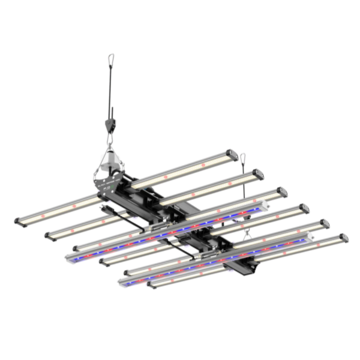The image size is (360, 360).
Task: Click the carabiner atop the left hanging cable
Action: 111,59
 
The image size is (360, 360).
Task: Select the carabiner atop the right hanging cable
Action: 243,158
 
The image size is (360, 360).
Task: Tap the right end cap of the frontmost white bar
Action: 343,238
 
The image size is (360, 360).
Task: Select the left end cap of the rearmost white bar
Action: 19,220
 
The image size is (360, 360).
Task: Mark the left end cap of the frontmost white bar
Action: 151,284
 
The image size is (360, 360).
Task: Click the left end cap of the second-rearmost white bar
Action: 49,236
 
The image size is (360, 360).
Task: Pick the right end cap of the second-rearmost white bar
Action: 259,175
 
